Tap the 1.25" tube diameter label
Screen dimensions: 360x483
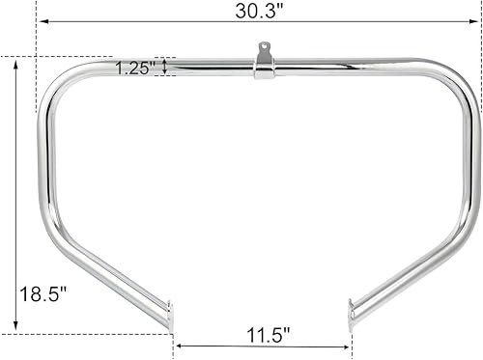pos(134,68)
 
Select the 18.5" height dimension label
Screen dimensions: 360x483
pos(36,293)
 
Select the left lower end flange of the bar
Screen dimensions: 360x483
pos(171,315)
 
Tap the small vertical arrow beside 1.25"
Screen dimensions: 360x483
pos(165,67)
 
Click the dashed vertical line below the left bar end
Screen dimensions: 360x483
pos(173,338)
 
